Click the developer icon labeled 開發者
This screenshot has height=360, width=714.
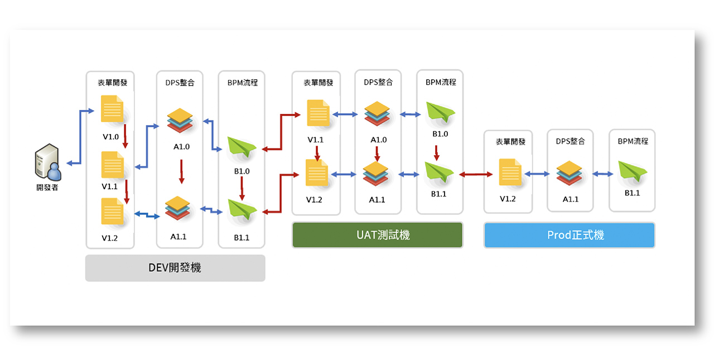pos(48,162)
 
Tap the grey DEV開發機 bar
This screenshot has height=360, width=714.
pos(175,268)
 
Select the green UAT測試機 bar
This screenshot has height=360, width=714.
pos(378,235)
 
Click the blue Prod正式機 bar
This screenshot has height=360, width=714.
pos(570,235)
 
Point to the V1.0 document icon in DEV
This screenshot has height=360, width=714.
pos(112,109)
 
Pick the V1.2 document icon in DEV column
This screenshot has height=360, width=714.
pos(112,212)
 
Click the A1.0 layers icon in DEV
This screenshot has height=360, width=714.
pos(180,120)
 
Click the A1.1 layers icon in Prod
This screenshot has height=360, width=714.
pos(570,173)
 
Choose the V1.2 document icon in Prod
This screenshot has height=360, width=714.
pos(510,172)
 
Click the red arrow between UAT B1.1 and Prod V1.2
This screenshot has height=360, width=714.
pos(476,174)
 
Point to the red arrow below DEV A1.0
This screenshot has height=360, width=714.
pos(181,171)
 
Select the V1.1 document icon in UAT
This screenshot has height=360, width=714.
pos(318,113)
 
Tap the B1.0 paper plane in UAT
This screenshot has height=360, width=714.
pos(441,112)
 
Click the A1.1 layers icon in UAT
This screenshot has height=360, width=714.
pos(375,174)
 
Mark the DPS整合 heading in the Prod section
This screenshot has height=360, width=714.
pos(570,141)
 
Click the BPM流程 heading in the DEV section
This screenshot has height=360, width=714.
pos(243,83)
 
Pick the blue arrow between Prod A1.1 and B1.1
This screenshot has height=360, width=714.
pos(603,174)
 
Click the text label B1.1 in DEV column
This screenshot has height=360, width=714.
pos(242,238)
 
